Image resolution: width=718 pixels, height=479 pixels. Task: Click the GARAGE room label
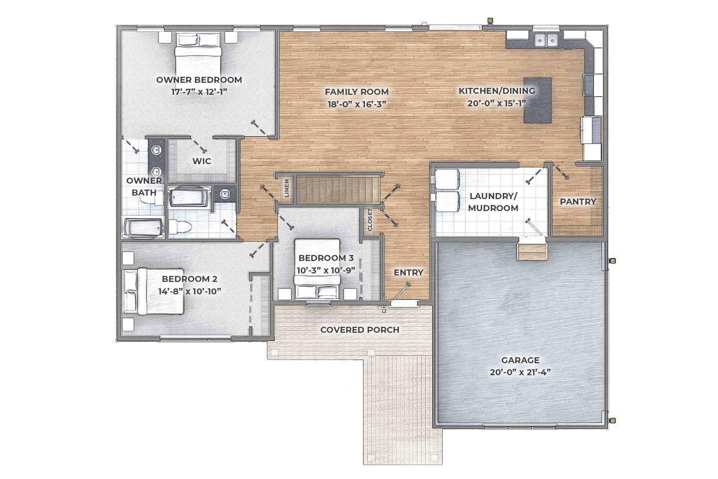click(520, 360)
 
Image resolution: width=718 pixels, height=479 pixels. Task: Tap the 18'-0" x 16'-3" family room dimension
click(357, 104)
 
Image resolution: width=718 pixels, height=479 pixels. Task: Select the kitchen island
click(538, 100)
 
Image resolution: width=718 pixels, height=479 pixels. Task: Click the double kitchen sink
click(545, 40)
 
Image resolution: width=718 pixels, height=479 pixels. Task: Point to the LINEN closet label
click(287, 188)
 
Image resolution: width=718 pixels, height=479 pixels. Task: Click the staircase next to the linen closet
click(338, 190)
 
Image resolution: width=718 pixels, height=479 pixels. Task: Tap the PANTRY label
click(578, 202)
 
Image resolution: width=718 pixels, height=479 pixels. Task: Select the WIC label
click(201, 161)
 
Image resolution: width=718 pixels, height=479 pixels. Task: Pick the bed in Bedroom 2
click(154, 291)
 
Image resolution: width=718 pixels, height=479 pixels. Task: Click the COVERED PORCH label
click(359, 330)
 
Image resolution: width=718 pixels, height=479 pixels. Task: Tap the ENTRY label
click(408, 272)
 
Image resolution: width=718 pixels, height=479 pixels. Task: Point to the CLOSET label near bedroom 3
click(370, 220)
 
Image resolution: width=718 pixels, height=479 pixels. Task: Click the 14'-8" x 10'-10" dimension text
click(190, 291)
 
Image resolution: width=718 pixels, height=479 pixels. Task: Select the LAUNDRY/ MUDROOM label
click(493, 202)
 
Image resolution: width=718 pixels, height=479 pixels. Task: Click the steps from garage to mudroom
click(532, 251)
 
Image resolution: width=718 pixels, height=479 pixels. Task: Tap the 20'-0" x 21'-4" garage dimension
click(520, 373)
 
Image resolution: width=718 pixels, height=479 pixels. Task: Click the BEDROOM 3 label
click(326, 258)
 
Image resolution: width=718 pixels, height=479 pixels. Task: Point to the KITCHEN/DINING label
click(497, 91)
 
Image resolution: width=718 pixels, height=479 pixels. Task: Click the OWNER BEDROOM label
click(199, 80)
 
